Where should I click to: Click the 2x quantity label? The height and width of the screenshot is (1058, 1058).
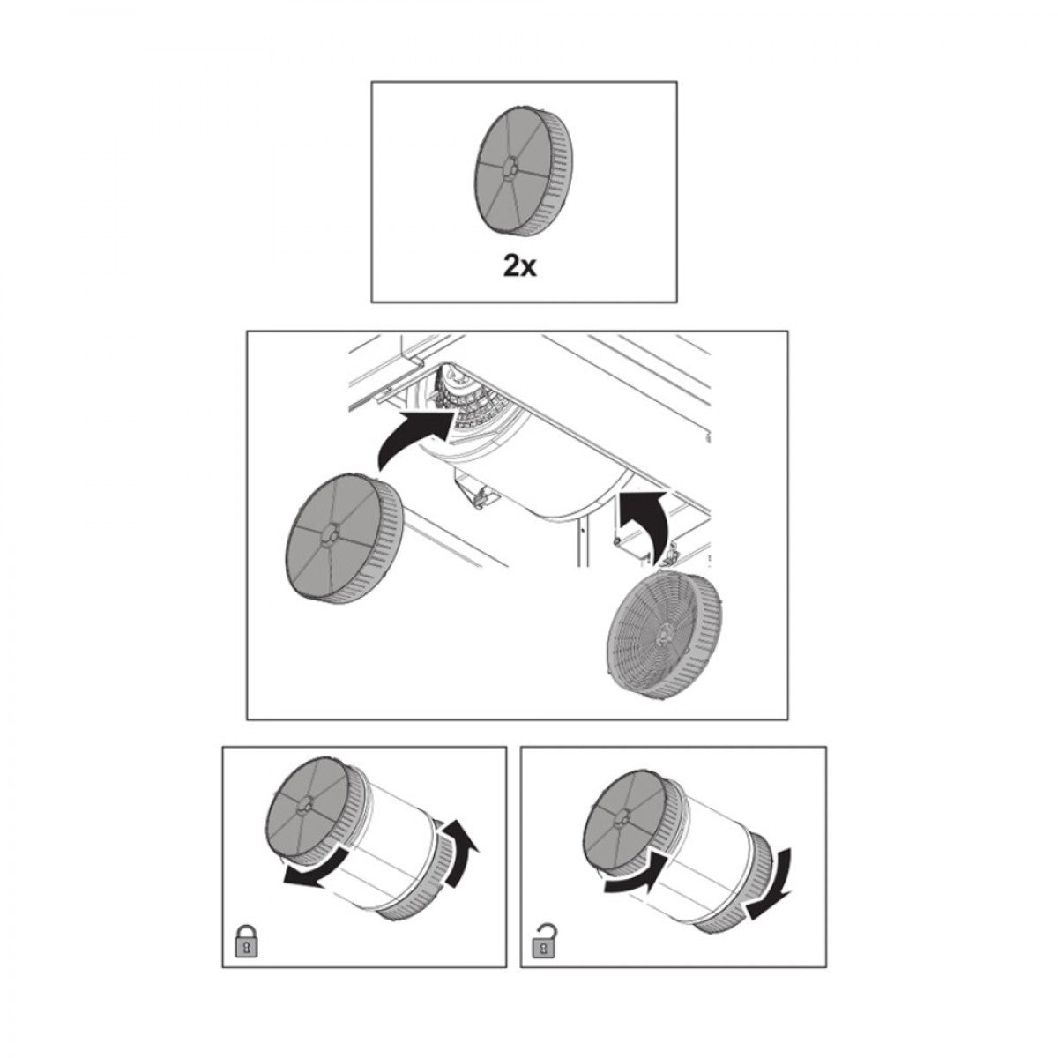pos(519,267)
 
